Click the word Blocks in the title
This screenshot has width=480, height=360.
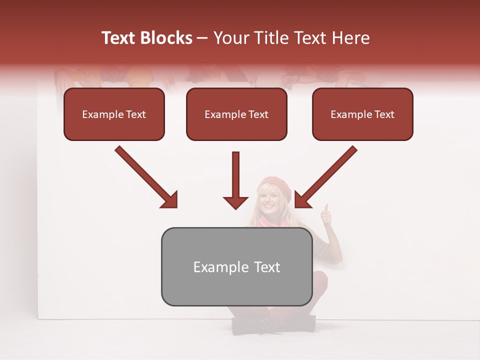pyautogui.click(x=166, y=38)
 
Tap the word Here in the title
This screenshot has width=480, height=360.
pyautogui.click(x=350, y=38)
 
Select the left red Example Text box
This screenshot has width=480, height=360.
pyautogui.click(x=114, y=114)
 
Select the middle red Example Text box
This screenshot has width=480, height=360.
pyautogui.click(x=236, y=114)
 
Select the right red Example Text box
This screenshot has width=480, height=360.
pyautogui.click(x=362, y=114)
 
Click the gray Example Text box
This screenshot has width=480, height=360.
pyautogui.click(x=236, y=267)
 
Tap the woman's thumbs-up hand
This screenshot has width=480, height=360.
pyautogui.click(x=326, y=215)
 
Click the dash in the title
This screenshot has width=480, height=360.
pyautogui.click(x=202, y=38)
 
